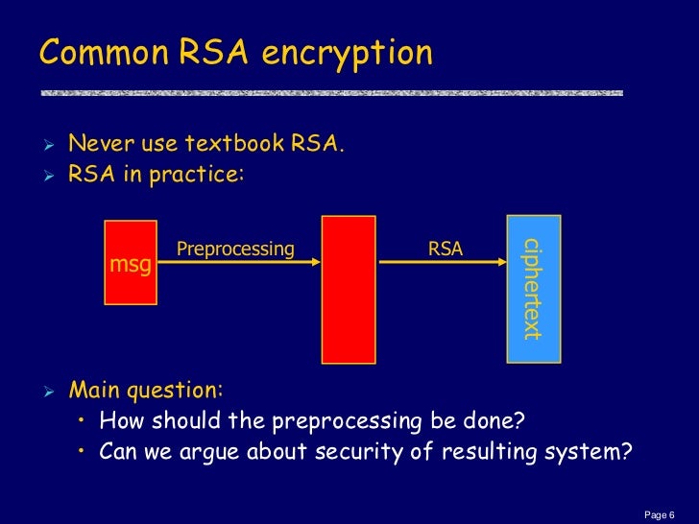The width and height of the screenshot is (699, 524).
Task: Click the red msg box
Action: coord(130,262)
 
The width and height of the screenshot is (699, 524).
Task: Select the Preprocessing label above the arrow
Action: coord(235,250)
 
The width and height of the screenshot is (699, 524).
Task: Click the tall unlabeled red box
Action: coord(348,289)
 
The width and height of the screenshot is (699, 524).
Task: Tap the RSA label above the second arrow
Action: coord(446,250)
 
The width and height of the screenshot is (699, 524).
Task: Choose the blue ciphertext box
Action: coord(533,289)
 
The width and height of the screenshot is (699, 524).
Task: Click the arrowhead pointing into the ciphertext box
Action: coord(501,263)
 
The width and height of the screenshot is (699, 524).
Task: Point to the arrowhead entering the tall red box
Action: coord(316,263)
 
